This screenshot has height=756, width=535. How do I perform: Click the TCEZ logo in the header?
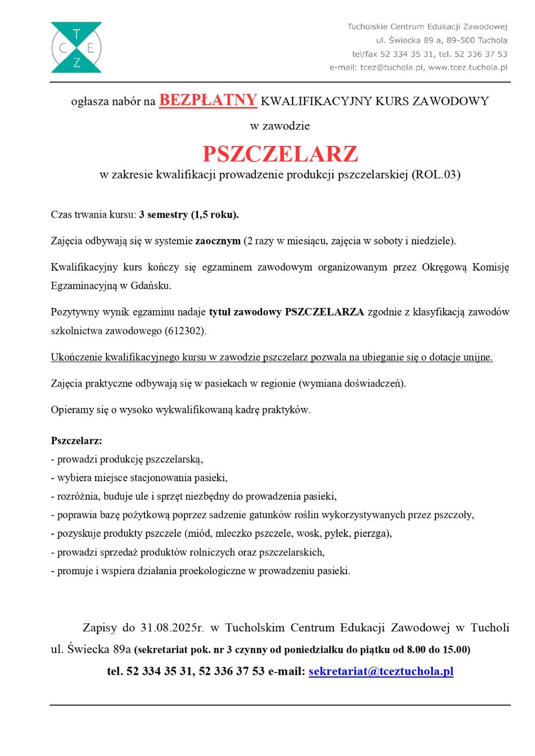click(76, 48)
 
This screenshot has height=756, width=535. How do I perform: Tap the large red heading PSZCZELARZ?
click(280, 154)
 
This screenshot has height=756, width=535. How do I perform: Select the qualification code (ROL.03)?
click(436, 174)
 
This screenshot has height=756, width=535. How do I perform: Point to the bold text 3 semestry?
click(162, 215)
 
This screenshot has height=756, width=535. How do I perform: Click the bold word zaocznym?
click(218, 241)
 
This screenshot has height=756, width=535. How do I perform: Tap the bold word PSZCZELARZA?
click(325, 312)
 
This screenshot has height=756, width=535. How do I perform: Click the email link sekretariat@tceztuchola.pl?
click(381, 671)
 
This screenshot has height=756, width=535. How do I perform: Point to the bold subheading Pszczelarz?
click(76, 441)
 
